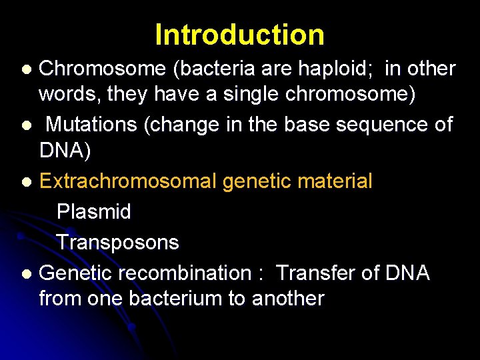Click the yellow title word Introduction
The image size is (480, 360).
coord(239,35)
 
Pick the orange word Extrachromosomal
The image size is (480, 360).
coord(129,181)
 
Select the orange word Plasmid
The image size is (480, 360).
coord(94,212)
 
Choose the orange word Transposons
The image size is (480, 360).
coord(118,242)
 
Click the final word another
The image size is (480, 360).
coord(288,298)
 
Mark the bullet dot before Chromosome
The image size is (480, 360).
coord(26,69)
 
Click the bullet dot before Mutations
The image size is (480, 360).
coord(26,125)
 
